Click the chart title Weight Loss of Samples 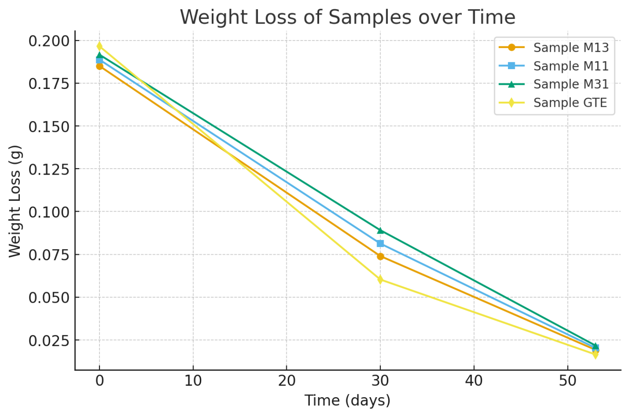point(347,18)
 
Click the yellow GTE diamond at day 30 point(380,279)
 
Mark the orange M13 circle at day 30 point(380,256)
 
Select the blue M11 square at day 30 point(380,243)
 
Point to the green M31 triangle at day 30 point(380,230)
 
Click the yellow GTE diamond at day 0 point(99,46)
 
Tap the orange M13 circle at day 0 point(99,66)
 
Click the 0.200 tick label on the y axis point(48,41)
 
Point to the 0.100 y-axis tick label point(48,212)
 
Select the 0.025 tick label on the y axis point(48,341)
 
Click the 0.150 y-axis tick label point(48,126)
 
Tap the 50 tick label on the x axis point(567,381)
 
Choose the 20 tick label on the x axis point(286,381)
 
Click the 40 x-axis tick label point(474,381)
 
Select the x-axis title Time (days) point(347,400)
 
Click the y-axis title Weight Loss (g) point(15,201)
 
